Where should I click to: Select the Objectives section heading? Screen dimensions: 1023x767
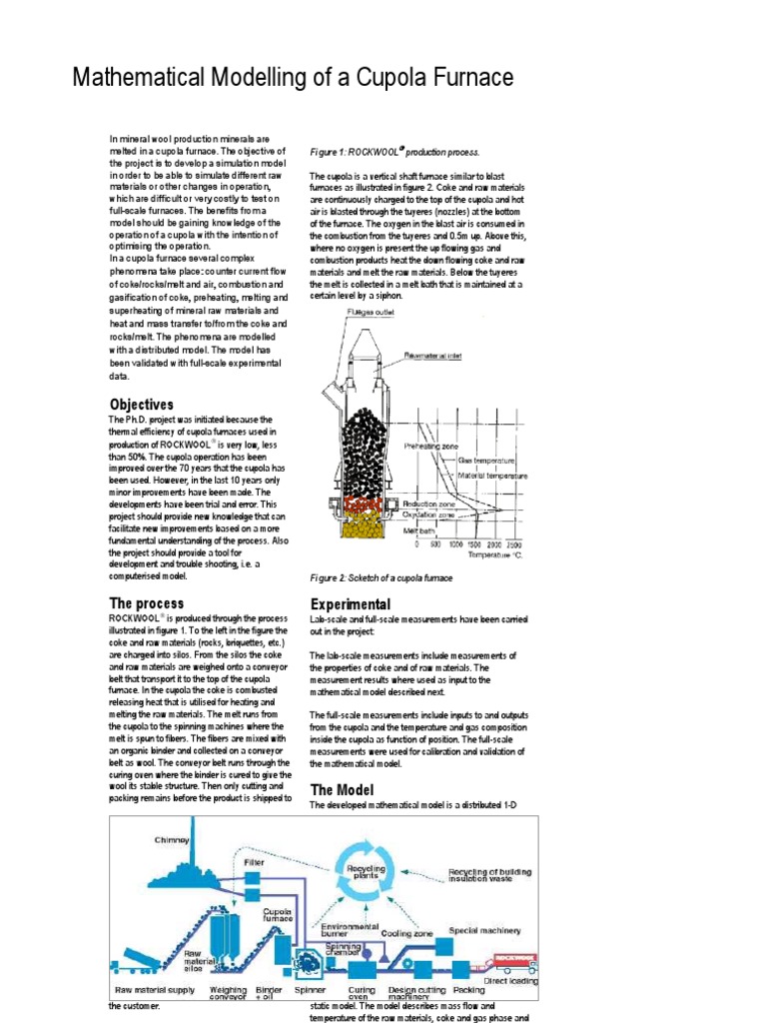pyautogui.click(x=141, y=405)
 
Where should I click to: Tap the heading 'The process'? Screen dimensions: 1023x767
pyautogui.click(x=146, y=603)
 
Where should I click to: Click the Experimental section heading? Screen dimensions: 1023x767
pyautogui.click(x=351, y=604)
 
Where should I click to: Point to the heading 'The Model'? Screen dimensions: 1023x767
pyautogui.click(x=344, y=789)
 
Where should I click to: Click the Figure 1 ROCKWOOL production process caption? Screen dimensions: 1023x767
pyautogui.click(x=394, y=152)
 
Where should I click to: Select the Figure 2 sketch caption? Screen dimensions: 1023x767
pyautogui.click(x=382, y=578)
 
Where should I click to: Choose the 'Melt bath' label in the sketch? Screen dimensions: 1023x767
pyautogui.click(x=418, y=530)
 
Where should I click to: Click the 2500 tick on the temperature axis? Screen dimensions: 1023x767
pyautogui.click(x=512, y=544)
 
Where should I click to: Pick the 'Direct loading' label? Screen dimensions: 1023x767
pyautogui.click(x=510, y=981)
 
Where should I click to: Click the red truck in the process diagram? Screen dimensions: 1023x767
pyautogui.click(x=508, y=963)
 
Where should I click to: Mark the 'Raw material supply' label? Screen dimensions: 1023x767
pyautogui.click(x=154, y=990)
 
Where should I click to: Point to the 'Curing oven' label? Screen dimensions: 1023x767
pyautogui.click(x=362, y=994)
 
